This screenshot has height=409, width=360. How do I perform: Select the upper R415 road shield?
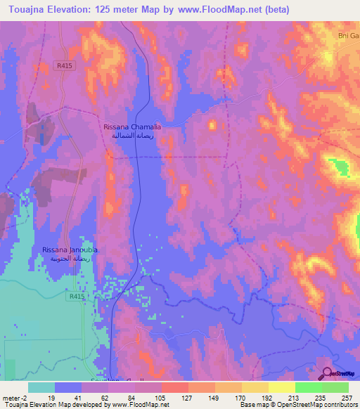(x=62, y=65)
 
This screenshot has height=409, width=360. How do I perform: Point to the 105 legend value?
(x=162, y=397)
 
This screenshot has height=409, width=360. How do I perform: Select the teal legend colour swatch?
(x=41, y=387)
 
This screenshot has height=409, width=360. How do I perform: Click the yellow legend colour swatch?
(x=281, y=387)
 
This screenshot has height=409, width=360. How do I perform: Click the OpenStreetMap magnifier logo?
(x=327, y=373)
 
